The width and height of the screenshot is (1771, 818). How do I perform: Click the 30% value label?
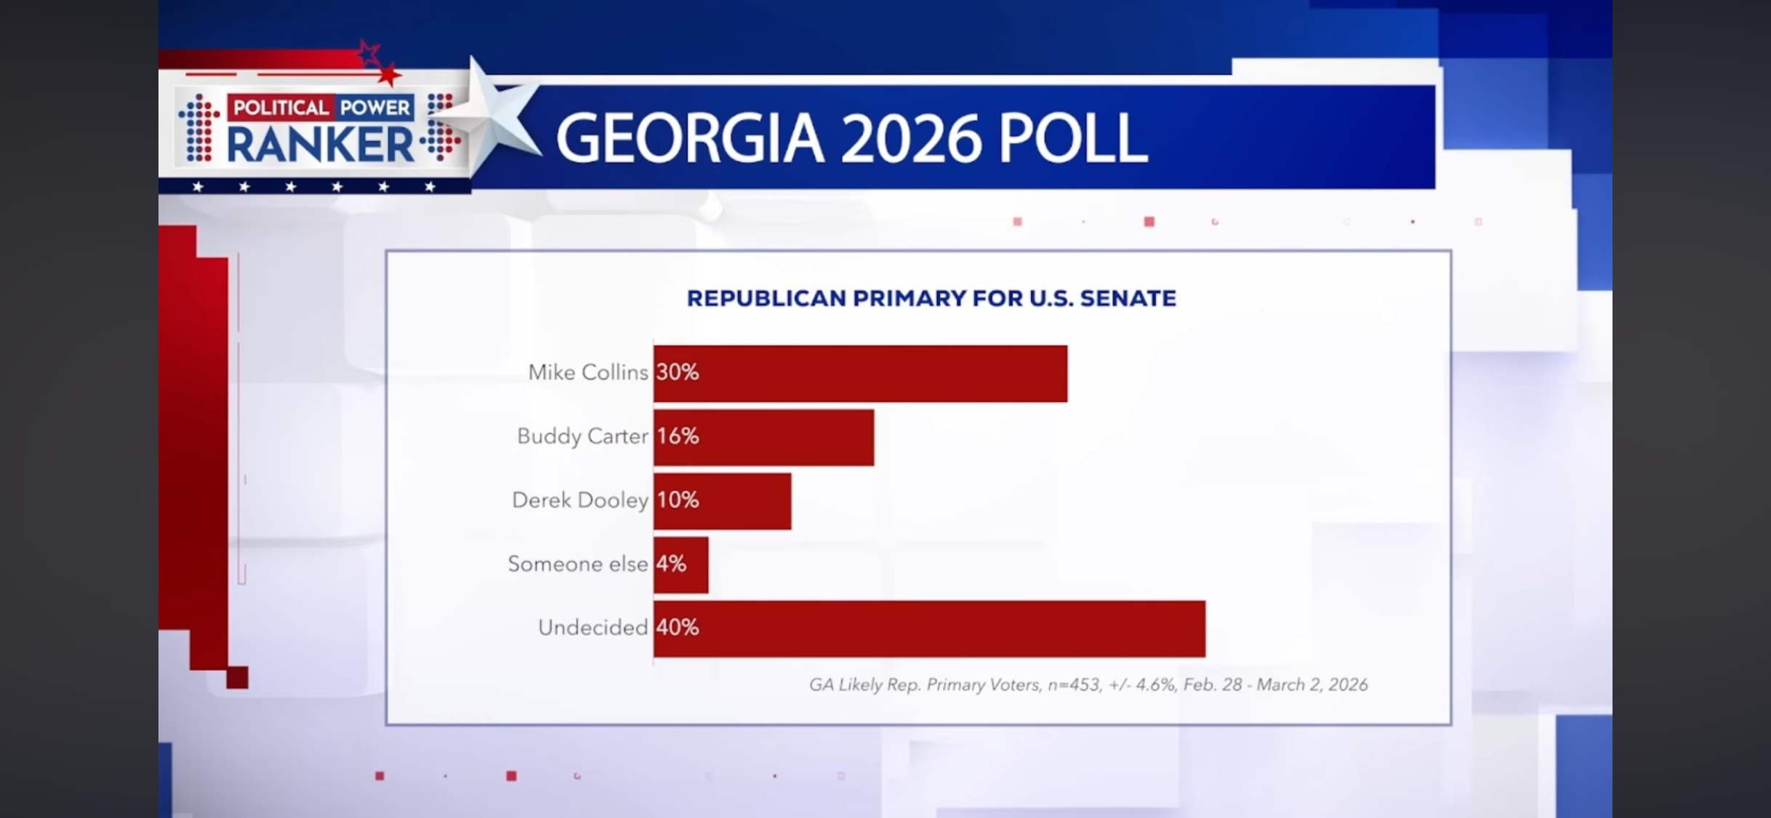[677, 372]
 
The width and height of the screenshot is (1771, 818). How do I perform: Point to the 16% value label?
[678, 436]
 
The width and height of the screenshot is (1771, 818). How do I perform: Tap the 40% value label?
[677, 627]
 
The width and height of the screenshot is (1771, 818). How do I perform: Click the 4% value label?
[671, 564]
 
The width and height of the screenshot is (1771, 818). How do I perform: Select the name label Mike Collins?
[587, 372]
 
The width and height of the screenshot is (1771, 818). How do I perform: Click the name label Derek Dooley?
[579, 500]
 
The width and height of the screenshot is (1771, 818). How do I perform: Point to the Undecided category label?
[593, 627]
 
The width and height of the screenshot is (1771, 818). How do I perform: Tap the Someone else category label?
[577, 564]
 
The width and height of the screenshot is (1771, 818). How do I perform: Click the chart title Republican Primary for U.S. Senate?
[931, 298]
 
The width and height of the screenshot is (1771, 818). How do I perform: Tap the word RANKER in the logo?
[320, 144]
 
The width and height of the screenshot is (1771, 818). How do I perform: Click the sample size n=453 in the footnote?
[1073, 685]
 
